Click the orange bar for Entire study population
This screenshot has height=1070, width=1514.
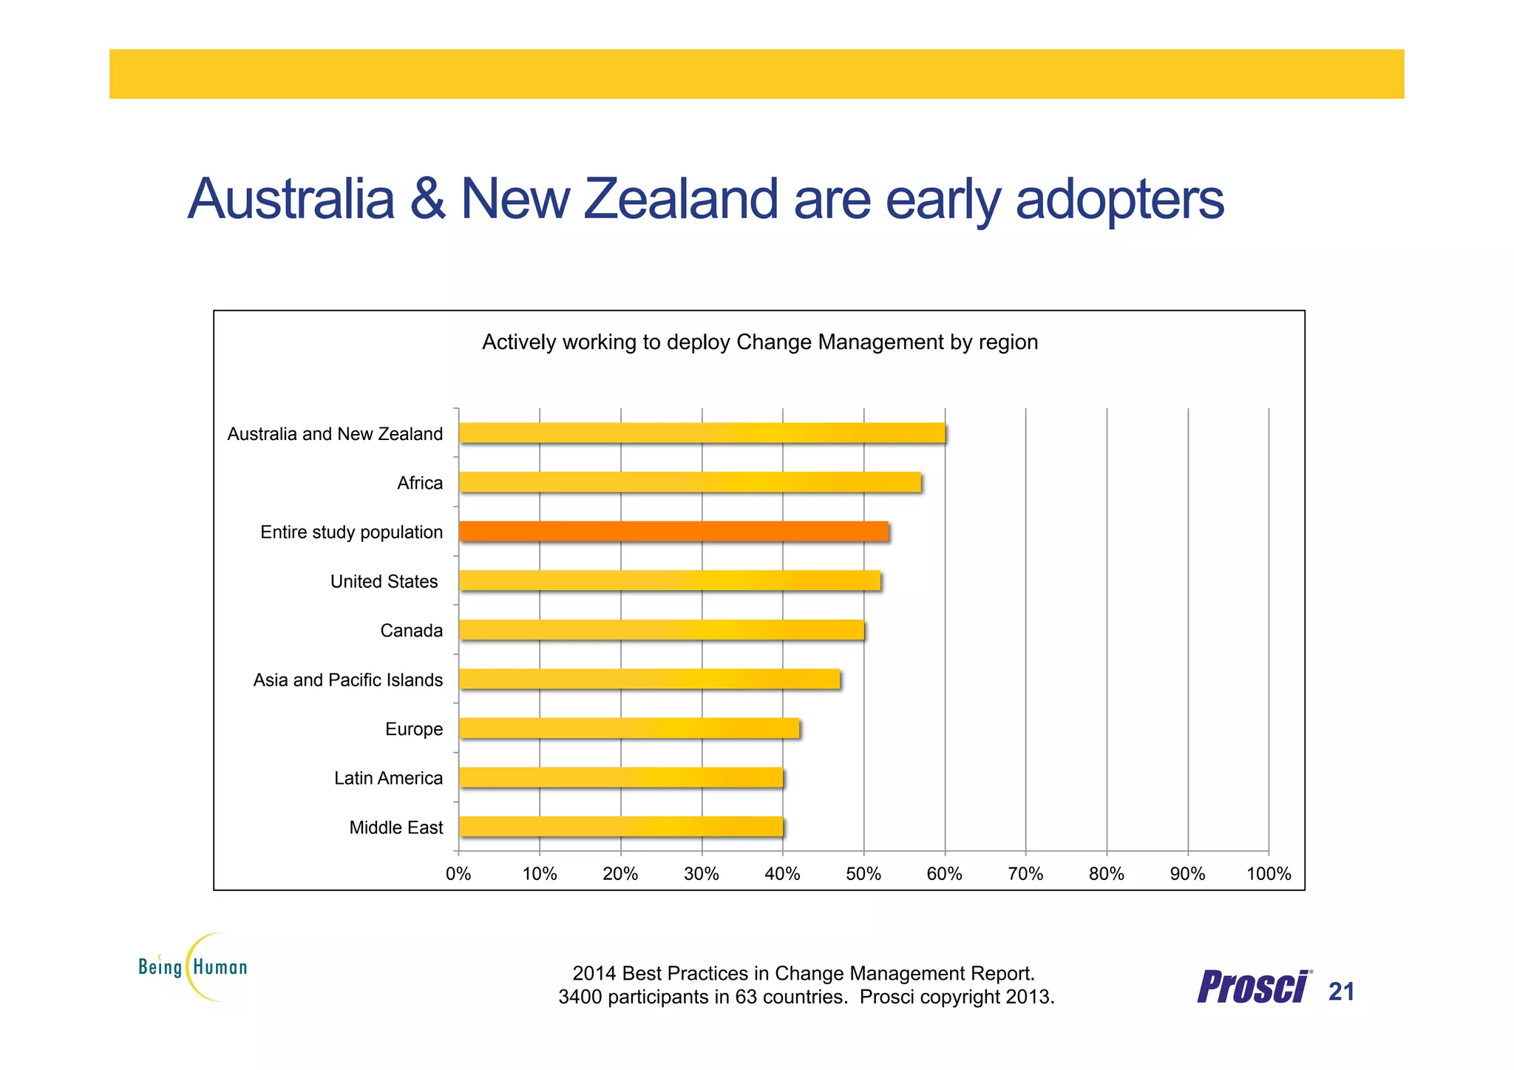[x=673, y=531]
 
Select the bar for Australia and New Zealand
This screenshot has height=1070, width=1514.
[x=701, y=433]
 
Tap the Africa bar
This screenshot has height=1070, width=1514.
[x=689, y=482]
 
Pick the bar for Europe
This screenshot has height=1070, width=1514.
[x=628, y=728]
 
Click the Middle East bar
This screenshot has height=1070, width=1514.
[x=620, y=827]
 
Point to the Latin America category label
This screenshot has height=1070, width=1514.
[x=388, y=778]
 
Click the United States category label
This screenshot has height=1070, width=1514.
[x=384, y=581]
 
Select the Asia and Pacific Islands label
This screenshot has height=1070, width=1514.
[x=347, y=680]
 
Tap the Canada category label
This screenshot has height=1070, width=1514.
[x=411, y=631]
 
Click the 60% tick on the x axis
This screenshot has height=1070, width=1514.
[x=944, y=874]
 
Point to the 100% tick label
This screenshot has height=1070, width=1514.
[x=1268, y=874]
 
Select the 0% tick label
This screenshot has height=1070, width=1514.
[x=458, y=874]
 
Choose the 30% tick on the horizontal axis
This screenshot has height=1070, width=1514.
[x=702, y=874]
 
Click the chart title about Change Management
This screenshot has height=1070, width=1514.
[x=759, y=342]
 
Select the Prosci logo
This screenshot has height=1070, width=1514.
[x=1253, y=987]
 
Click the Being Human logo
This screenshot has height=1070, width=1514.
[x=194, y=966]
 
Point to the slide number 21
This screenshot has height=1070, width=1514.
[x=1341, y=992]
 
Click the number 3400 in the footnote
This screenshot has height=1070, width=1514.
[x=580, y=997]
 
